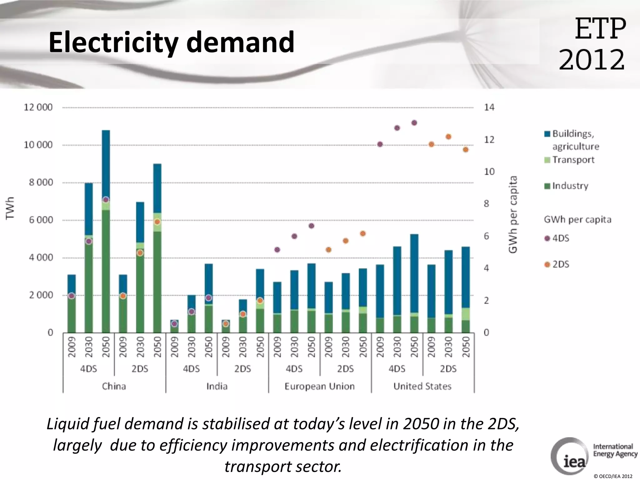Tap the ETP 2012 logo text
tap(592, 44)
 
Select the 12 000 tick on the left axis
tap(38, 107)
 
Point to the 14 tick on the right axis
tap(489, 107)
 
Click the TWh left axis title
tap(10, 208)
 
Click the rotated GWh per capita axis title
tap(513, 214)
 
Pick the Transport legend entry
tap(573, 160)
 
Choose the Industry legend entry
tap(570, 186)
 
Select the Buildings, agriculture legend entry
tap(575, 140)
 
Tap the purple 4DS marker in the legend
tap(547, 238)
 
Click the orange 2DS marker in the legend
tap(547, 264)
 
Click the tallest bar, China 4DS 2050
tap(106, 231)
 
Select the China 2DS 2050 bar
tap(157, 250)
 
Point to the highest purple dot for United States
tap(414, 123)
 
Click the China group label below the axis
tap(114, 386)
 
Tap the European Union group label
tap(319, 386)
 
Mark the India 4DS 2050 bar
tap(209, 297)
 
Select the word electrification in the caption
tap(419, 445)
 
